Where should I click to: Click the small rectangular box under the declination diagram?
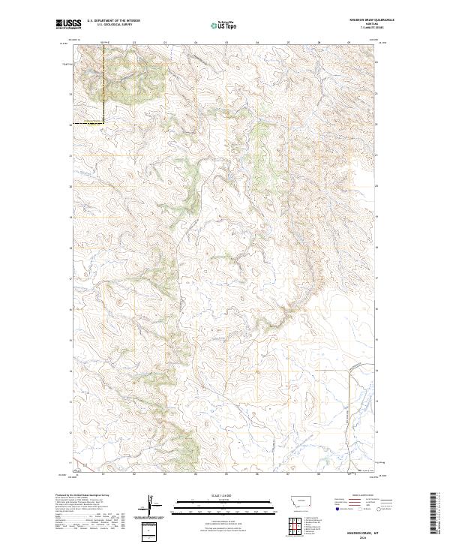click(152, 530)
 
